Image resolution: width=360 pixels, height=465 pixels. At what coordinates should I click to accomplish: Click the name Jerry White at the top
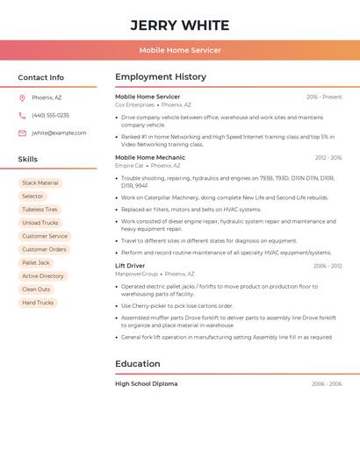pos(180,25)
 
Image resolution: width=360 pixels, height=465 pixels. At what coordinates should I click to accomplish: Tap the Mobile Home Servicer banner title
pos(180,51)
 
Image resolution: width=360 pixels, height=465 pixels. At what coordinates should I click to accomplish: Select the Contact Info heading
pos(41,77)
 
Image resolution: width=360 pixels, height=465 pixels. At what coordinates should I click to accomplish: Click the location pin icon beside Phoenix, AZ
pos(22,97)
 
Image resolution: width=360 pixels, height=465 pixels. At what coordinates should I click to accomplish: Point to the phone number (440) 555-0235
pos(50,115)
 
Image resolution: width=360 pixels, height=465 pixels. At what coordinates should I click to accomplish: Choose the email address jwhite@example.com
pos(59,133)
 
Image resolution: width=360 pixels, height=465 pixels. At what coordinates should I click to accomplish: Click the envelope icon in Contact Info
pos(22,133)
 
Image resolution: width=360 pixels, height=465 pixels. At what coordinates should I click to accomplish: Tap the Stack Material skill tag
pos(40,183)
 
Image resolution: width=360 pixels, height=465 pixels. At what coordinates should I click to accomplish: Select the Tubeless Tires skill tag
pos(40,210)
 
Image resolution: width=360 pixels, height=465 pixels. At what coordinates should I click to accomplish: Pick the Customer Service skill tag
pos(45,236)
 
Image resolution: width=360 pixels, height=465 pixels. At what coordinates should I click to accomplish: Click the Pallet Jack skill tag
pos(36,262)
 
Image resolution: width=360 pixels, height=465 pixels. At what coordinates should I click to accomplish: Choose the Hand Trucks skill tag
pos(38,303)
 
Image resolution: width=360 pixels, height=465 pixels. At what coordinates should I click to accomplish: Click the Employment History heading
pos(161,77)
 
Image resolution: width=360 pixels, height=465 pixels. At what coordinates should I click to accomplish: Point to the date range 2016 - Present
pos(324,97)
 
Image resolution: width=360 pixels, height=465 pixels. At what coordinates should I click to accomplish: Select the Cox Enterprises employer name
pos(134,104)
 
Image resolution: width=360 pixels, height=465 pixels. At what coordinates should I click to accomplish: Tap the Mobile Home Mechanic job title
pos(150,158)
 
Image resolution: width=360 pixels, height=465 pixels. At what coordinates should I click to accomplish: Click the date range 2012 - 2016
pos(328,158)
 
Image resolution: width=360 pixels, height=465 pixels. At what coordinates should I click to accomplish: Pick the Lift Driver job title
pos(130,266)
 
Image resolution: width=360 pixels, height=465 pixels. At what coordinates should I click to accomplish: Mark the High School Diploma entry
pos(146,384)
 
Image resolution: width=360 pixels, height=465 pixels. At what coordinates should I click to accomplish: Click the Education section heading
pos(138,364)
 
